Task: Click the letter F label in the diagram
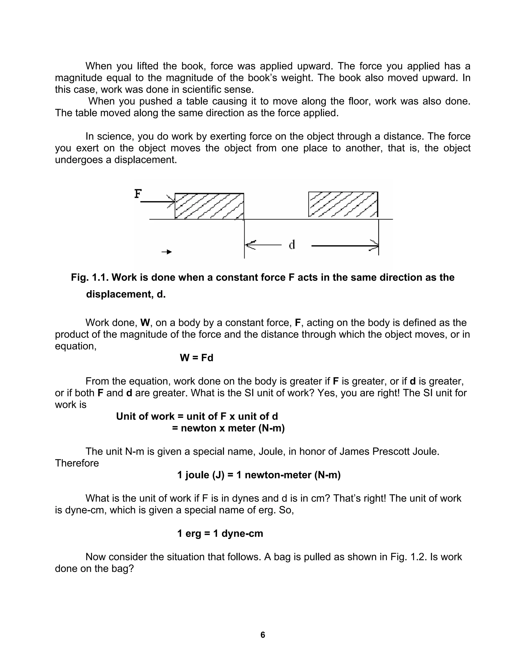tap(138, 194)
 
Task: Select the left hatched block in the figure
tap(209, 206)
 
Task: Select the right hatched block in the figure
tap(343, 204)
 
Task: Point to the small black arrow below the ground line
tap(167, 252)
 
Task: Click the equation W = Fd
tap(196, 358)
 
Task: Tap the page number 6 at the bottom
tap(263, 635)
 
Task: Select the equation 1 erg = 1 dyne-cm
tap(220, 533)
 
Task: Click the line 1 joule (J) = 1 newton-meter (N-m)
tap(259, 475)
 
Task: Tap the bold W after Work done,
tap(145, 323)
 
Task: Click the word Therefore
tap(77, 463)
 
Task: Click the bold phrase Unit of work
tap(145, 416)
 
